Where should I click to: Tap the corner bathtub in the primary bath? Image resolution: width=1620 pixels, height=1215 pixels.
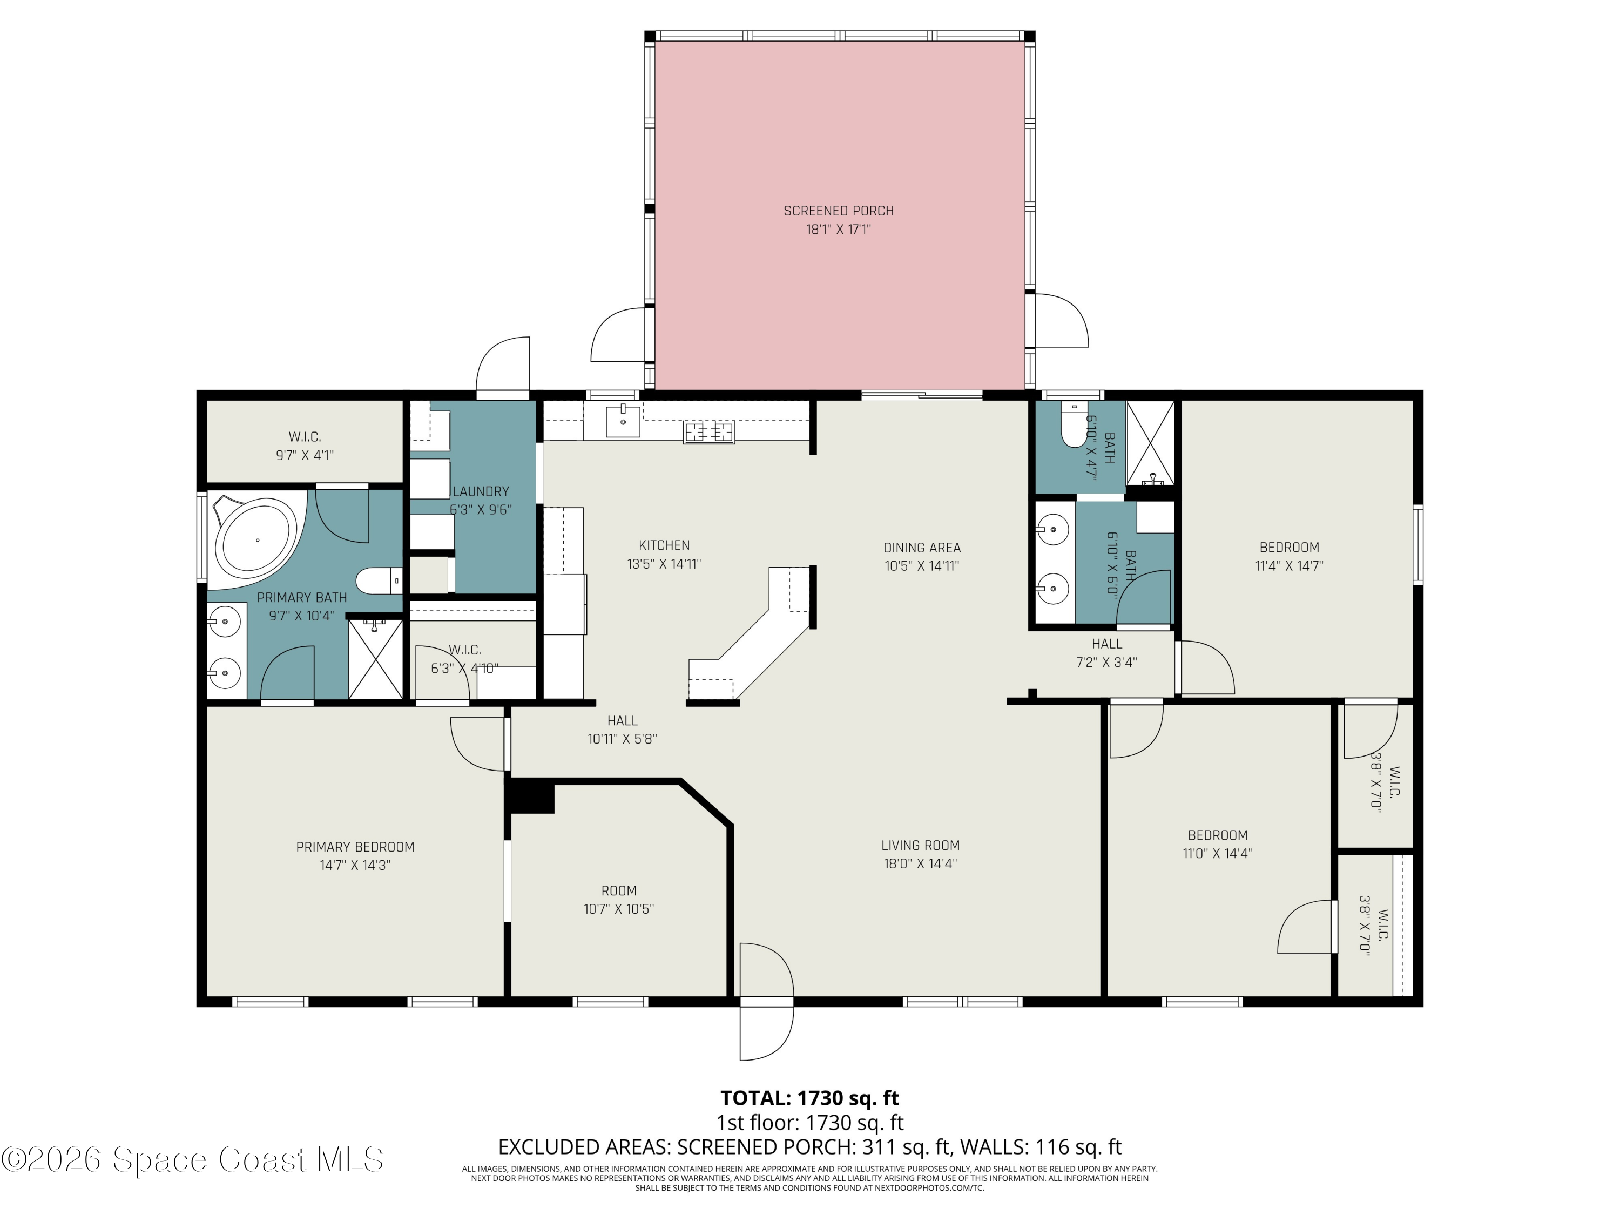tap(256, 541)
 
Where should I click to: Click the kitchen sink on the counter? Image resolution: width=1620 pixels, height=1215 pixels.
tap(623, 420)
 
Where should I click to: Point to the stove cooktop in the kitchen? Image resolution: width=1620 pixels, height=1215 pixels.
tap(708, 432)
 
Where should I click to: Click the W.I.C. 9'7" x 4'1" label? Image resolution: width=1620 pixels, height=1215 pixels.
tap(305, 446)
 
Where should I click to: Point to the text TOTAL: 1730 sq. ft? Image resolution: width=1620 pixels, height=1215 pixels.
tap(809, 1098)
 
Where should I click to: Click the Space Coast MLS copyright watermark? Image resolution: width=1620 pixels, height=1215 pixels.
tap(192, 1159)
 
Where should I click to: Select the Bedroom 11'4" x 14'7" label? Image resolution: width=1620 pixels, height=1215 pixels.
tap(1289, 556)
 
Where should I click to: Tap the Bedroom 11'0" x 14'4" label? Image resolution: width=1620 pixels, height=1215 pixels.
tap(1217, 843)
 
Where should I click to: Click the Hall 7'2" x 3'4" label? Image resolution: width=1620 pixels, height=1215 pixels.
tap(1106, 652)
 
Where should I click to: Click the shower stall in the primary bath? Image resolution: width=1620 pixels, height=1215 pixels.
tap(375, 659)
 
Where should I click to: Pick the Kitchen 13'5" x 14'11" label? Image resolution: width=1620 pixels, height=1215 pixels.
tap(664, 555)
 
